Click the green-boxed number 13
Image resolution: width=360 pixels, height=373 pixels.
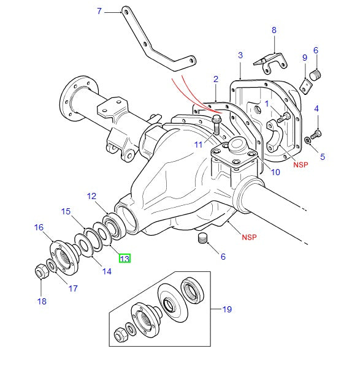(x=124, y=258)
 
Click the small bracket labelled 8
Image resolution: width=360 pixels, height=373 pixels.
(x=270, y=62)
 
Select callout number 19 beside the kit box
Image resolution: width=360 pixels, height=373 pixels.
(x=227, y=309)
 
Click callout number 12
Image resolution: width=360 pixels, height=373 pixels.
(x=91, y=197)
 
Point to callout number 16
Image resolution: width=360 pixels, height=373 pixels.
(x=39, y=227)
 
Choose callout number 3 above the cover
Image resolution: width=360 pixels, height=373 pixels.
(x=240, y=56)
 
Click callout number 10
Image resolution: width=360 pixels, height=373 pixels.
(x=275, y=172)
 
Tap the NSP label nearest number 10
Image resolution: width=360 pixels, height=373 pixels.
(x=300, y=164)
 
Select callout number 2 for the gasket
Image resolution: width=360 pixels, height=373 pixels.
(x=216, y=79)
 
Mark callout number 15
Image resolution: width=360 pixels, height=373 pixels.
(x=66, y=212)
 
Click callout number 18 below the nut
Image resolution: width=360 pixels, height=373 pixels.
(x=42, y=301)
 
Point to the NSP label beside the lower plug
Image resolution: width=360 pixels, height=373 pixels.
(x=249, y=237)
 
